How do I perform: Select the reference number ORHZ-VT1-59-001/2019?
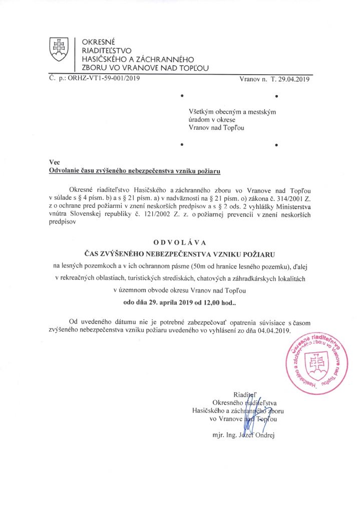(104, 78)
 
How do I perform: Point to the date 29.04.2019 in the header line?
(295, 79)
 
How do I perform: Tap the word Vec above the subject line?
(54, 162)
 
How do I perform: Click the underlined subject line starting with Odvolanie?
(135, 171)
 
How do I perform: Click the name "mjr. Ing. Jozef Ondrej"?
(243, 435)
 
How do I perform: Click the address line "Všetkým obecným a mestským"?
(232, 111)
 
